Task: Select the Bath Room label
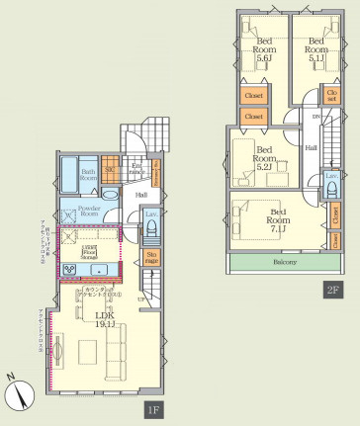pos(87,175)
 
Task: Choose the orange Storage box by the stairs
pos(151,260)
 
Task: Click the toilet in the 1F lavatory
pos(151,230)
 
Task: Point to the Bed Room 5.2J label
pos(263,157)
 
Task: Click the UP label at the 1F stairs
pos(140,298)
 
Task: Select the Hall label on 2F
pos(311,147)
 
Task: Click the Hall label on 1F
pos(141,195)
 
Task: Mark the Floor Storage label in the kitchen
pos(88,251)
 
